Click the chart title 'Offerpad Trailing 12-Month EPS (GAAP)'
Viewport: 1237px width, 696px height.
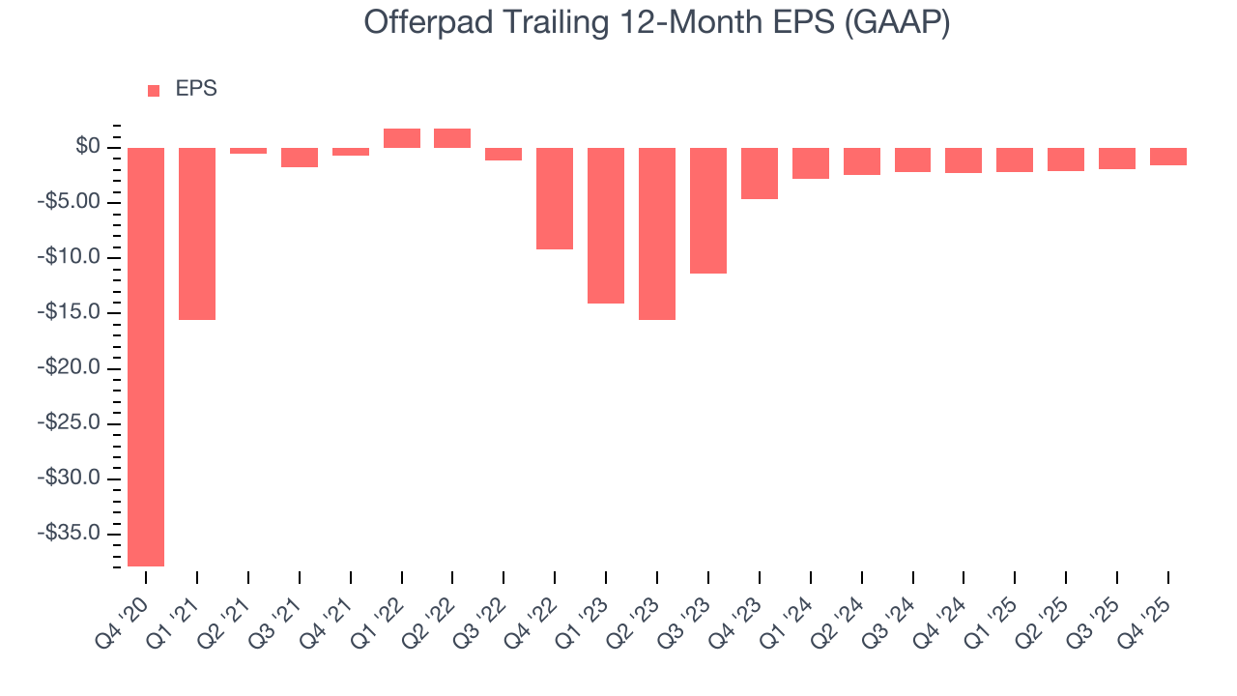pos(656,23)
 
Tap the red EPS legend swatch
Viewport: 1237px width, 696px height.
pos(154,91)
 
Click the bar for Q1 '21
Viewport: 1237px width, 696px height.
pos(197,233)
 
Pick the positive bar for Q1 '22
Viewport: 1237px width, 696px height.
pos(401,138)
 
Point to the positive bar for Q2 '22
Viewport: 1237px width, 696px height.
pos(452,138)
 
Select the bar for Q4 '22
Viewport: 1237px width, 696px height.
pos(555,198)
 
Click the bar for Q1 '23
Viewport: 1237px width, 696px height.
pos(606,225)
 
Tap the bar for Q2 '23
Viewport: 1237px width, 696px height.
pos(657,233)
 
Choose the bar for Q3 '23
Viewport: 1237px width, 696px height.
pos(708,210)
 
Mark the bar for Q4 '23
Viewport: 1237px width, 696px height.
pos(760,173)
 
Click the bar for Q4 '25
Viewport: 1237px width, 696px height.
pos(1167,157)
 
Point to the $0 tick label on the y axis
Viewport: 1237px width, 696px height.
pos(88,147)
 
